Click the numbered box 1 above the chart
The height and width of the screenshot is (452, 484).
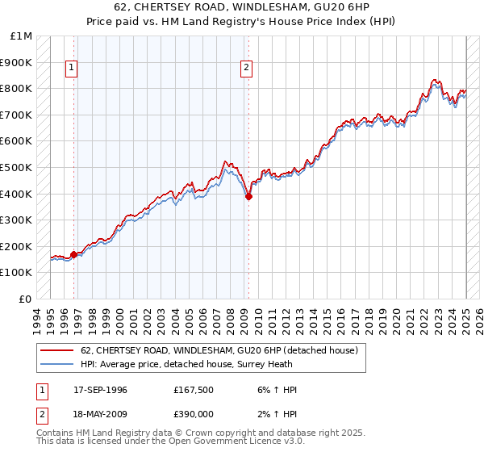pos(73,69)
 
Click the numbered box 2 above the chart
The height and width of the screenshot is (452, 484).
pos(246,69)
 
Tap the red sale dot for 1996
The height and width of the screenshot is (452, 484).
pos(73,255)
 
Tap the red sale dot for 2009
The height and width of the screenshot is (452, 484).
pos(248,196)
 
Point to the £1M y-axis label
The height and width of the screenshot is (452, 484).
pos(22,36)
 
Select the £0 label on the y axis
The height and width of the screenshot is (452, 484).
pos(26,299)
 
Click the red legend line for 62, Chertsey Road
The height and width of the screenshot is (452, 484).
pos(56,350)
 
